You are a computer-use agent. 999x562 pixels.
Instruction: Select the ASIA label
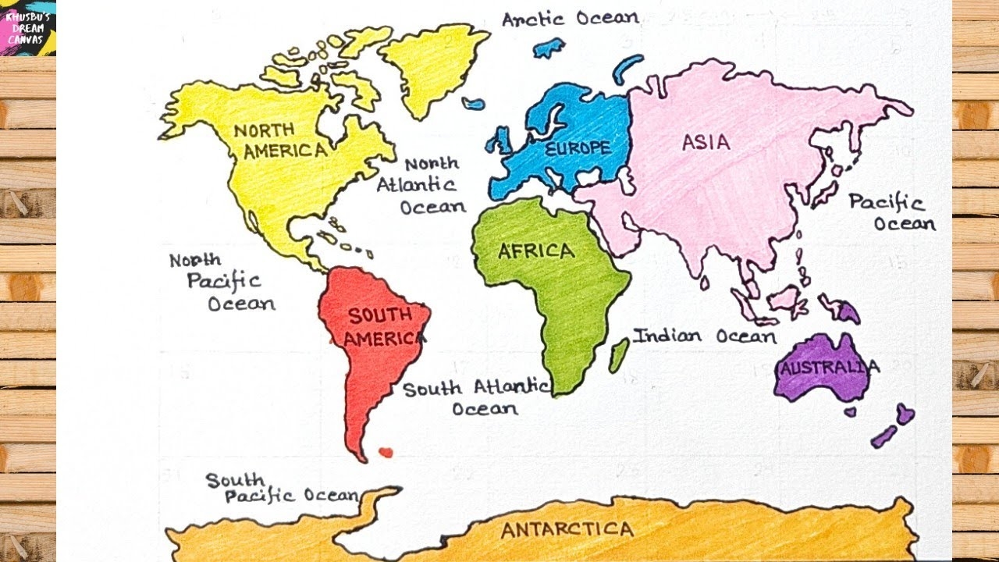[x=706, y=142]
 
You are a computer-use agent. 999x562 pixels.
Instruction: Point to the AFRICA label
[x=536, y=251]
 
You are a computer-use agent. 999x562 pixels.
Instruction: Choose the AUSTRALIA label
[x=829, y=368]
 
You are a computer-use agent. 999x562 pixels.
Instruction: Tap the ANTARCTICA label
[x=567, y=530]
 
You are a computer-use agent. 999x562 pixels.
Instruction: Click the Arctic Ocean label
[x=570, y=19]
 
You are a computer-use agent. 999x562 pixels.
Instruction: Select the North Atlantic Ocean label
[x=422, y=186]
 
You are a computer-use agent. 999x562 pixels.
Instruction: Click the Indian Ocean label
[x=704, y=336]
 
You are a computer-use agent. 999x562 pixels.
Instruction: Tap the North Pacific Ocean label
[x=223, y=283]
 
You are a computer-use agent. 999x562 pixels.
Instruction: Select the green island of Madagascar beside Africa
[x=619, y=355]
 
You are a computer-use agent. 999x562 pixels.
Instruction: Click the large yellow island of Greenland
[x=430, y=66]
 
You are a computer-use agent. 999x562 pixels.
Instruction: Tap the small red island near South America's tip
[x=385, y=452]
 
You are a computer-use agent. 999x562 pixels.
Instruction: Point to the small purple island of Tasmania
[x=850, y=411]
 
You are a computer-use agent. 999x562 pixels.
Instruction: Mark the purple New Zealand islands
[x=893, y=425]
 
